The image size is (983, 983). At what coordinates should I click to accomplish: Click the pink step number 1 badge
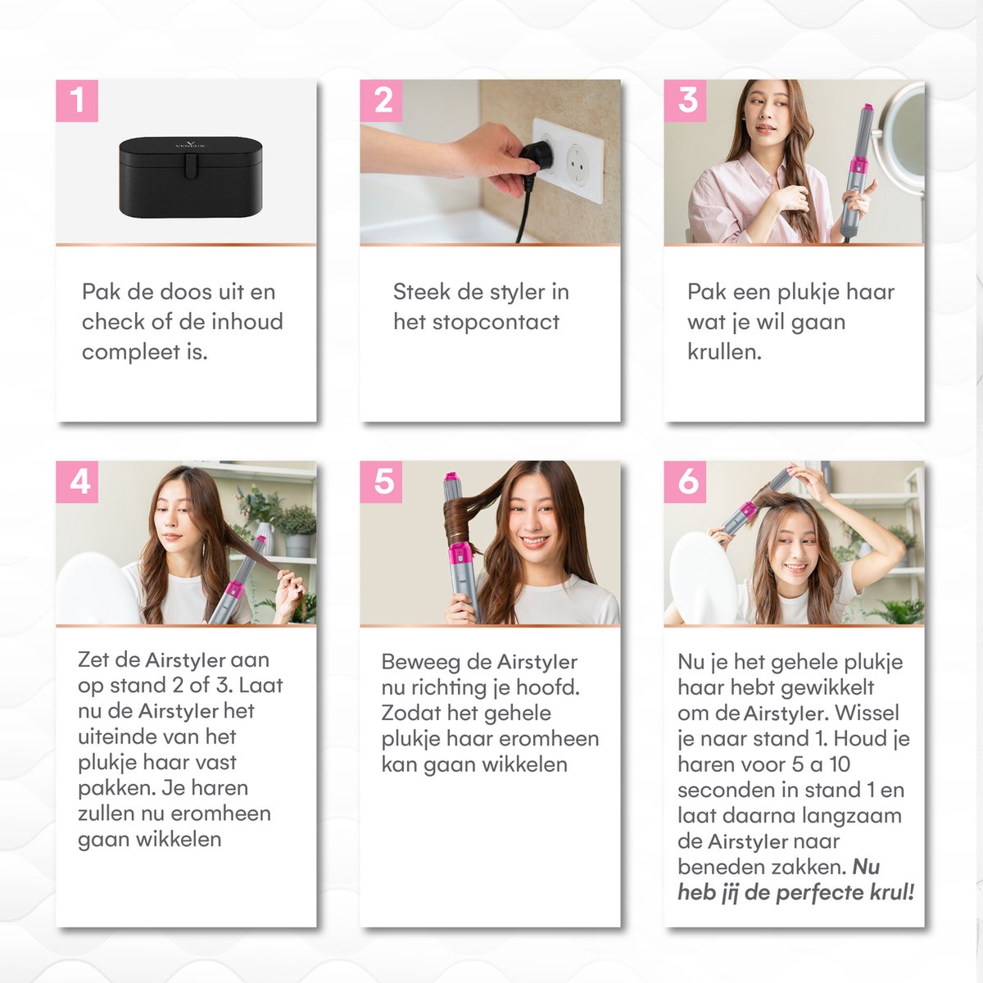pyautogui.click(x=77, y=101)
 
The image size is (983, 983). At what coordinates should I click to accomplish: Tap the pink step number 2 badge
pyautogui.click(x=381, y=101)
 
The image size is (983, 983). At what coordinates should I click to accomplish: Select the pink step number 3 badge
pyautogui.click(x=685, y=101)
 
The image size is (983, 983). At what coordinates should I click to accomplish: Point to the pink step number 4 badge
pyautogui.click(x=77, y=482)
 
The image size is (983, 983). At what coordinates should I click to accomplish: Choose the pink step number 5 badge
pyautogui.click(x=381, y=482)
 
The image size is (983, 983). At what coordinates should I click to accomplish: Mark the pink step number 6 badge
pyautogui.click(x=685, y=482)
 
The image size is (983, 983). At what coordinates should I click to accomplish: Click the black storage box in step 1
pyautogui.click(x=192, y=177)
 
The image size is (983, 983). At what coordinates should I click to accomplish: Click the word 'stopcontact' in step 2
pyautogui.click(x=496, y=323)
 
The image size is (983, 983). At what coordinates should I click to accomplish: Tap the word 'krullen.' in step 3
pyautogui.click(x=724, y=351)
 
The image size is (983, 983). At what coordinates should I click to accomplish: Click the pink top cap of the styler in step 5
pyautogui.click(x=452, y=478)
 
